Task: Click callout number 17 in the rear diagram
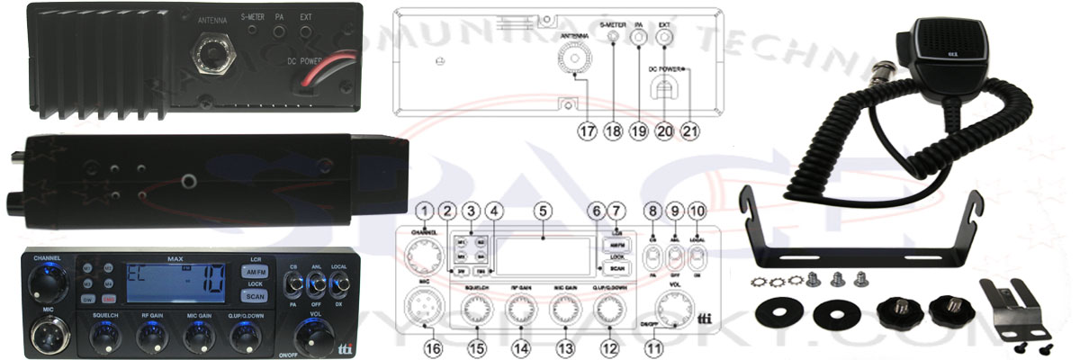click(x=588, y=130)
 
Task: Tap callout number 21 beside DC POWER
click(x=690, y=130)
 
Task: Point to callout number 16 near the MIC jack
click(x=433, y=344)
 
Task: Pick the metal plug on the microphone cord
click(x=884, y=71)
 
